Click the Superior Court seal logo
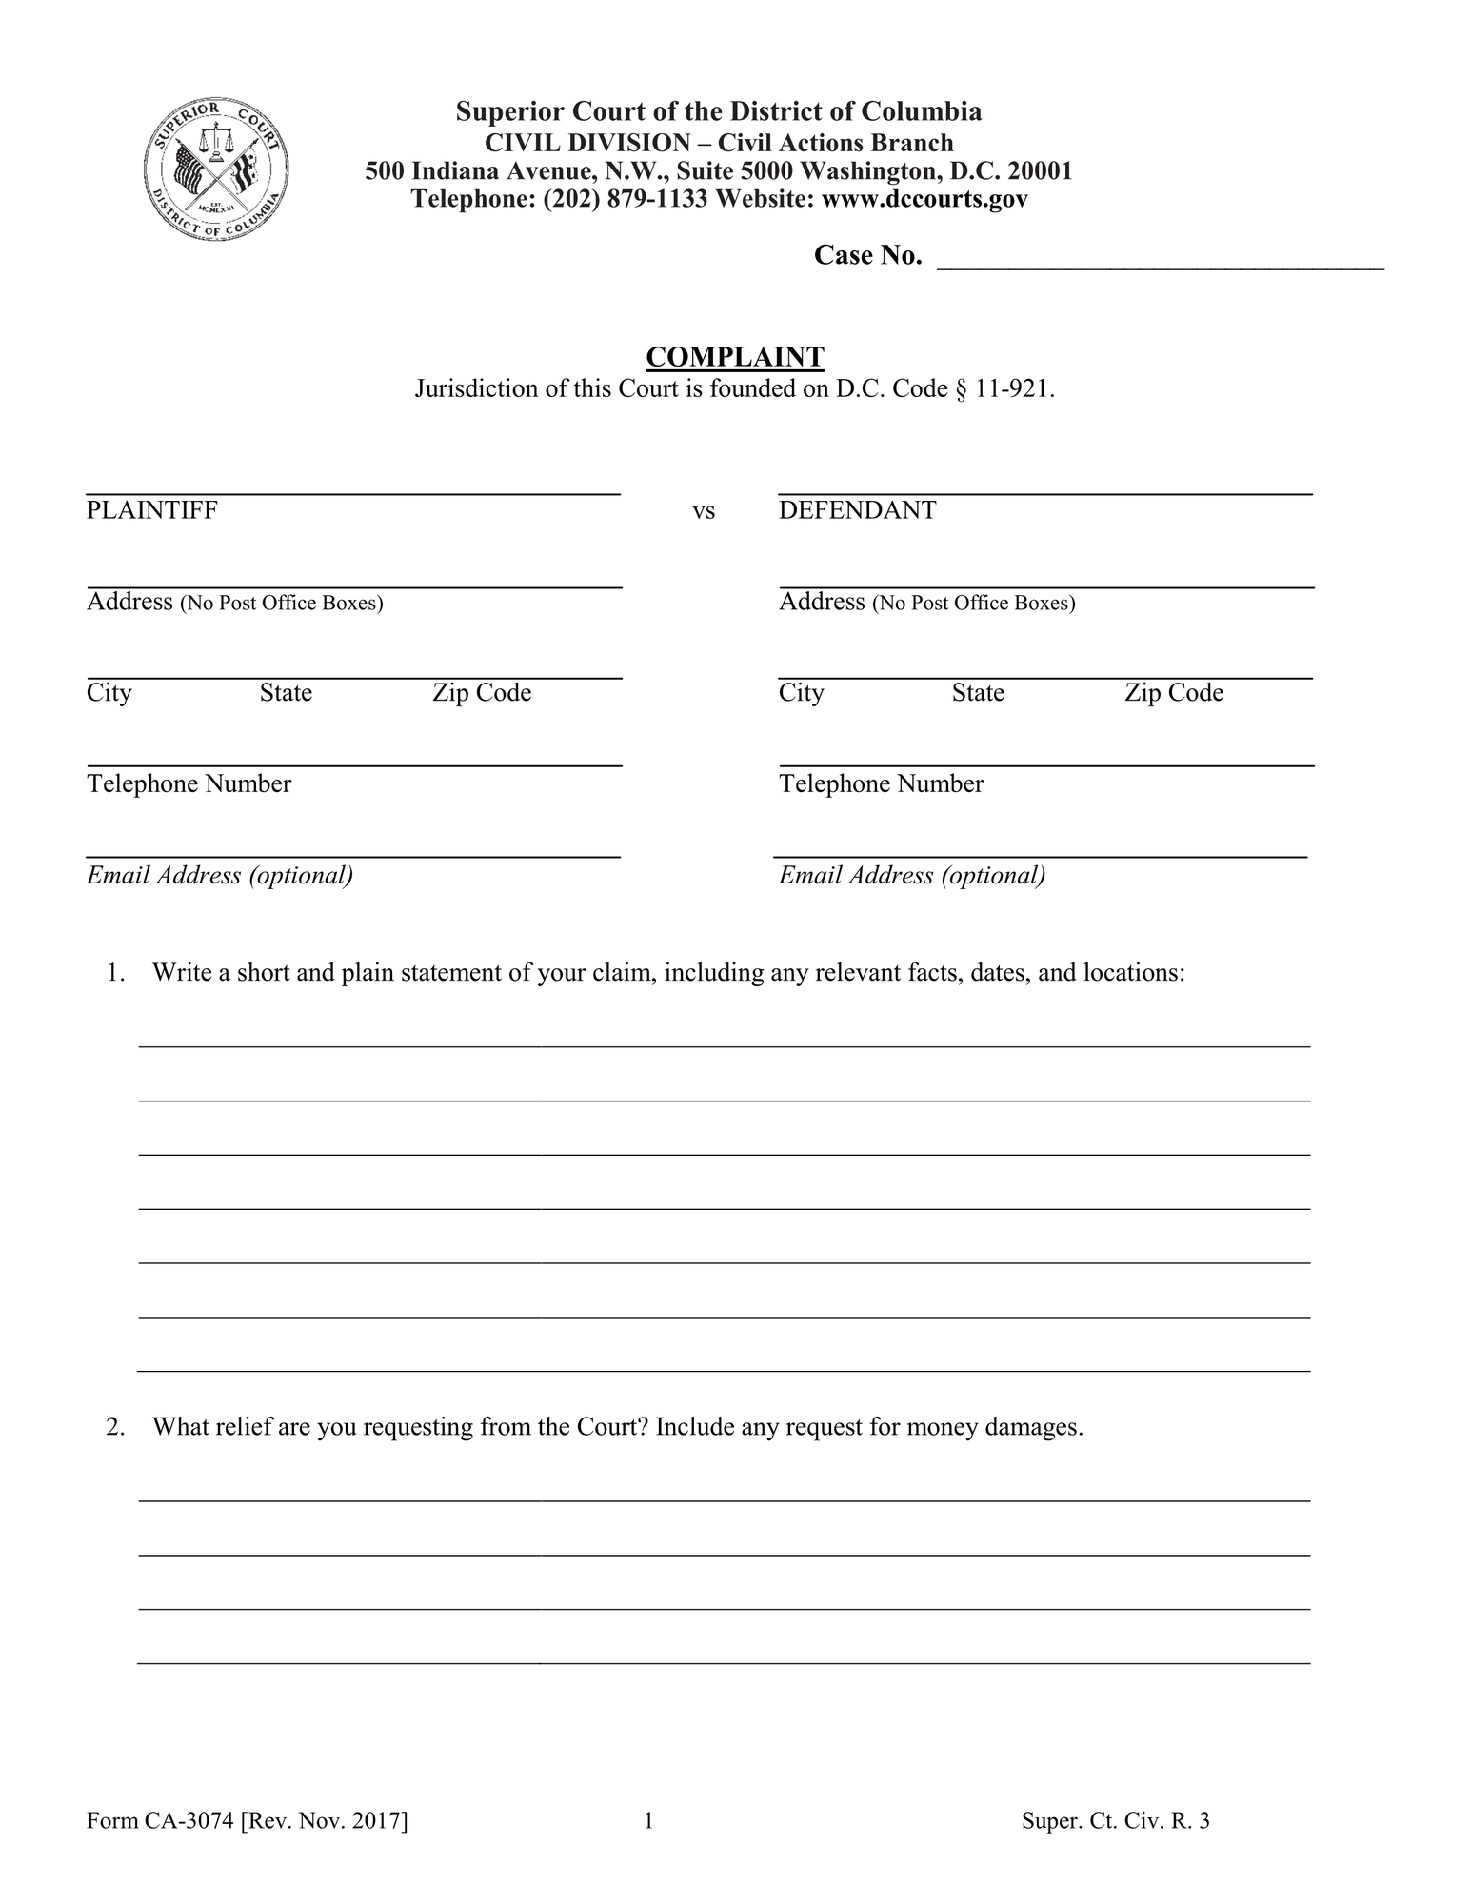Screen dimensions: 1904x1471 pos(216,169)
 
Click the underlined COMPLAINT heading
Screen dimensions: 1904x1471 pos(735,357)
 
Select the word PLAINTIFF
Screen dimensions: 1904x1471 pos(152,510)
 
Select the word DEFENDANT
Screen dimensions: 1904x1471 pos(857,510)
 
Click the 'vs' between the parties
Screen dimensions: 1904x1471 pos(704,512)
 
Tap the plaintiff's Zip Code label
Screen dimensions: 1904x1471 pos(482,693)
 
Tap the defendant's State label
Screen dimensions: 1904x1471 pos(978,693)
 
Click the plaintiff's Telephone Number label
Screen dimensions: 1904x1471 pos(189,784)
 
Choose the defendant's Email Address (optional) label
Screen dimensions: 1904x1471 pos(912,876)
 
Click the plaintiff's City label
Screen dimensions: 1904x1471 pos(109,693)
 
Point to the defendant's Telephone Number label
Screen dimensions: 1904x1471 pos(881,784)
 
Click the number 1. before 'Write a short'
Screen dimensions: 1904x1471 pos(116,973)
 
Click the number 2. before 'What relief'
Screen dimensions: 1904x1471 pos(116,1427)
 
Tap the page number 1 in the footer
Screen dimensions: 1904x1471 pos(648,1821)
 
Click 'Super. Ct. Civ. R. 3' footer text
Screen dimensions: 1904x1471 pos(1115,1821)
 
